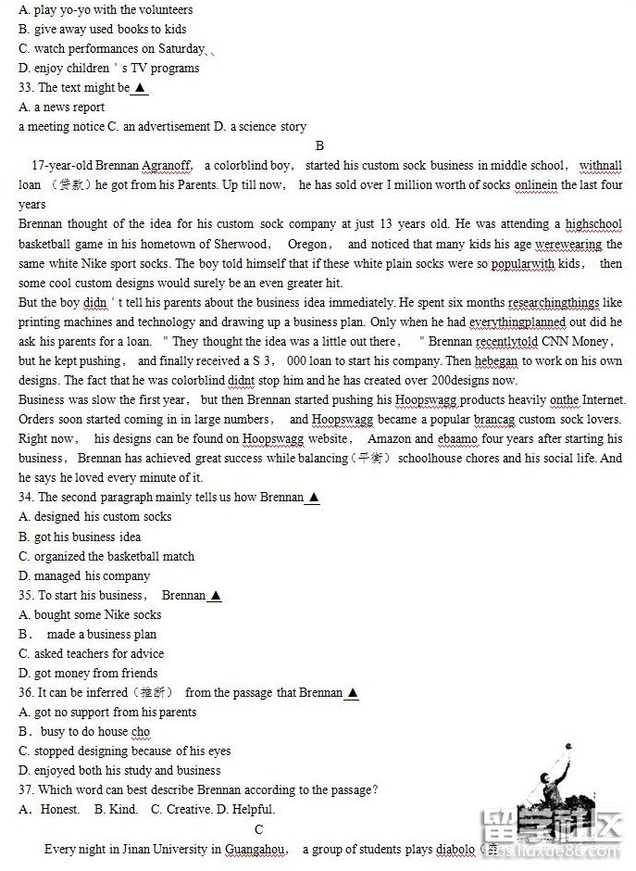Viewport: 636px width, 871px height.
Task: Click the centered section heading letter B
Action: (319, 145)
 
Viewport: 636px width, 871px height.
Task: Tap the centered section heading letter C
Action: (259, 829)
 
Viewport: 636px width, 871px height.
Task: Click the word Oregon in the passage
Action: (307, 245)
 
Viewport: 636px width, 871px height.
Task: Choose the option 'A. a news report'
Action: (62, 107)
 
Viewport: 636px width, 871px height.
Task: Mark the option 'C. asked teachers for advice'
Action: (92, 653)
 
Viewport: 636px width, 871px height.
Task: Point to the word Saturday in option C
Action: (181, 49)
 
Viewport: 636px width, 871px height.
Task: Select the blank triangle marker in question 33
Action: (140, 88)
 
